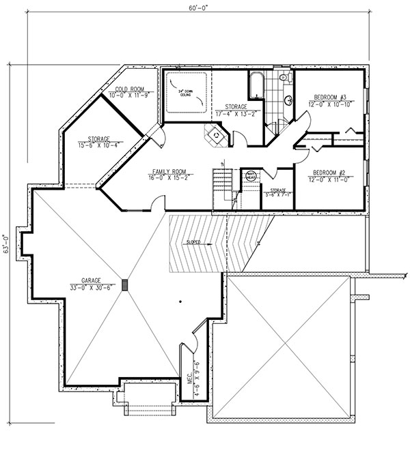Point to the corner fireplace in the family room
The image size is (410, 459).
[215, 136]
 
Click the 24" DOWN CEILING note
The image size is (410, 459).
[185, 94]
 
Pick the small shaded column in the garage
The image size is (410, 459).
[125, 286]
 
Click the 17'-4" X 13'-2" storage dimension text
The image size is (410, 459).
[237, 113]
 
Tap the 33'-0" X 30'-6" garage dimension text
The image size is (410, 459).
[90, 287]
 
